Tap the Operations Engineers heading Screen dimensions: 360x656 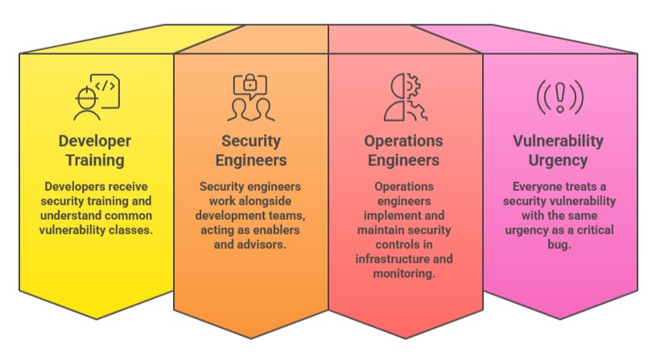click(404, 151)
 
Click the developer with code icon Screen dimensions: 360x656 click(95, 96)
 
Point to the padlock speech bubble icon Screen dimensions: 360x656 click(250, 96)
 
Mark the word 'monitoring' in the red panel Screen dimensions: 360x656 click(404, 274)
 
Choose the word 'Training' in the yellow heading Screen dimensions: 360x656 click(95, 160)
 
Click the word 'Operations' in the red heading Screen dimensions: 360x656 click(404, 141)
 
